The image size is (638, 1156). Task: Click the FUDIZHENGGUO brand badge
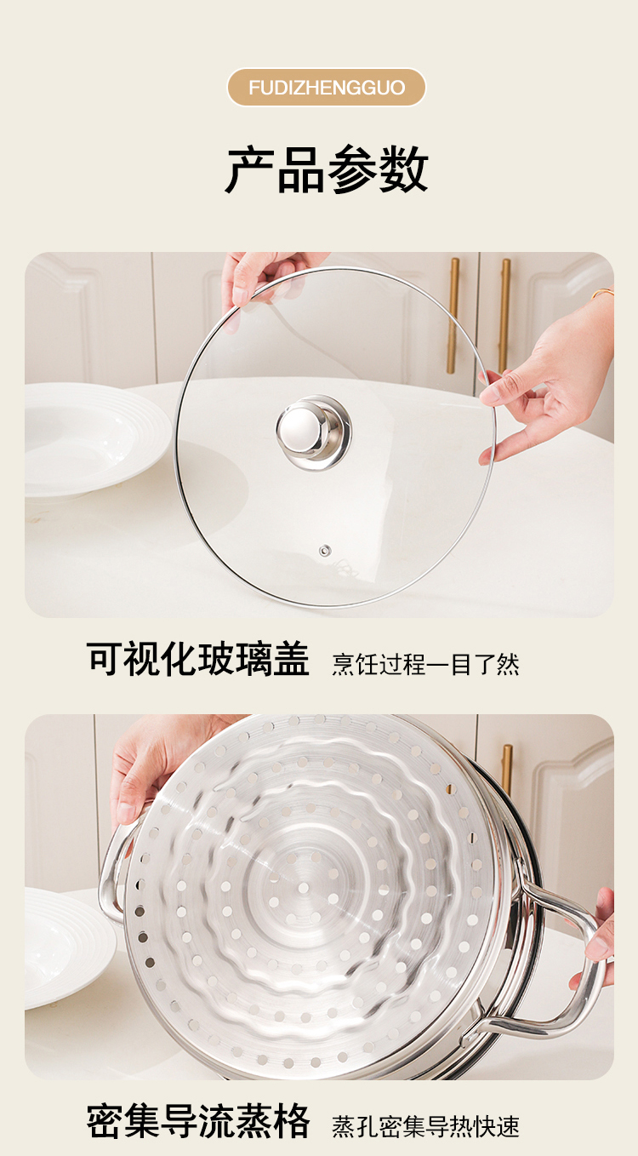(327, 88)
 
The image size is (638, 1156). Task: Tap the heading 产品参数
(327, 169)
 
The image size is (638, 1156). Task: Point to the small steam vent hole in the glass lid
(324, 552)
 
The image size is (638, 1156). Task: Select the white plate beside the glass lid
(85, 438)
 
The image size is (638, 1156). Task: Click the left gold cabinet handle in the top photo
(453, 315)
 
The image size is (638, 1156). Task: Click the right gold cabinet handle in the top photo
(505, 315)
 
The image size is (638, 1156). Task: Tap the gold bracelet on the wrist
(603, 293)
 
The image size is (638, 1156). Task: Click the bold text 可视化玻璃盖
(198, 661)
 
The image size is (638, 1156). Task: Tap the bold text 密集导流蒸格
(198, 1122)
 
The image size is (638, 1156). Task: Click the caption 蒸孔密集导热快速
(425, 1125)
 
